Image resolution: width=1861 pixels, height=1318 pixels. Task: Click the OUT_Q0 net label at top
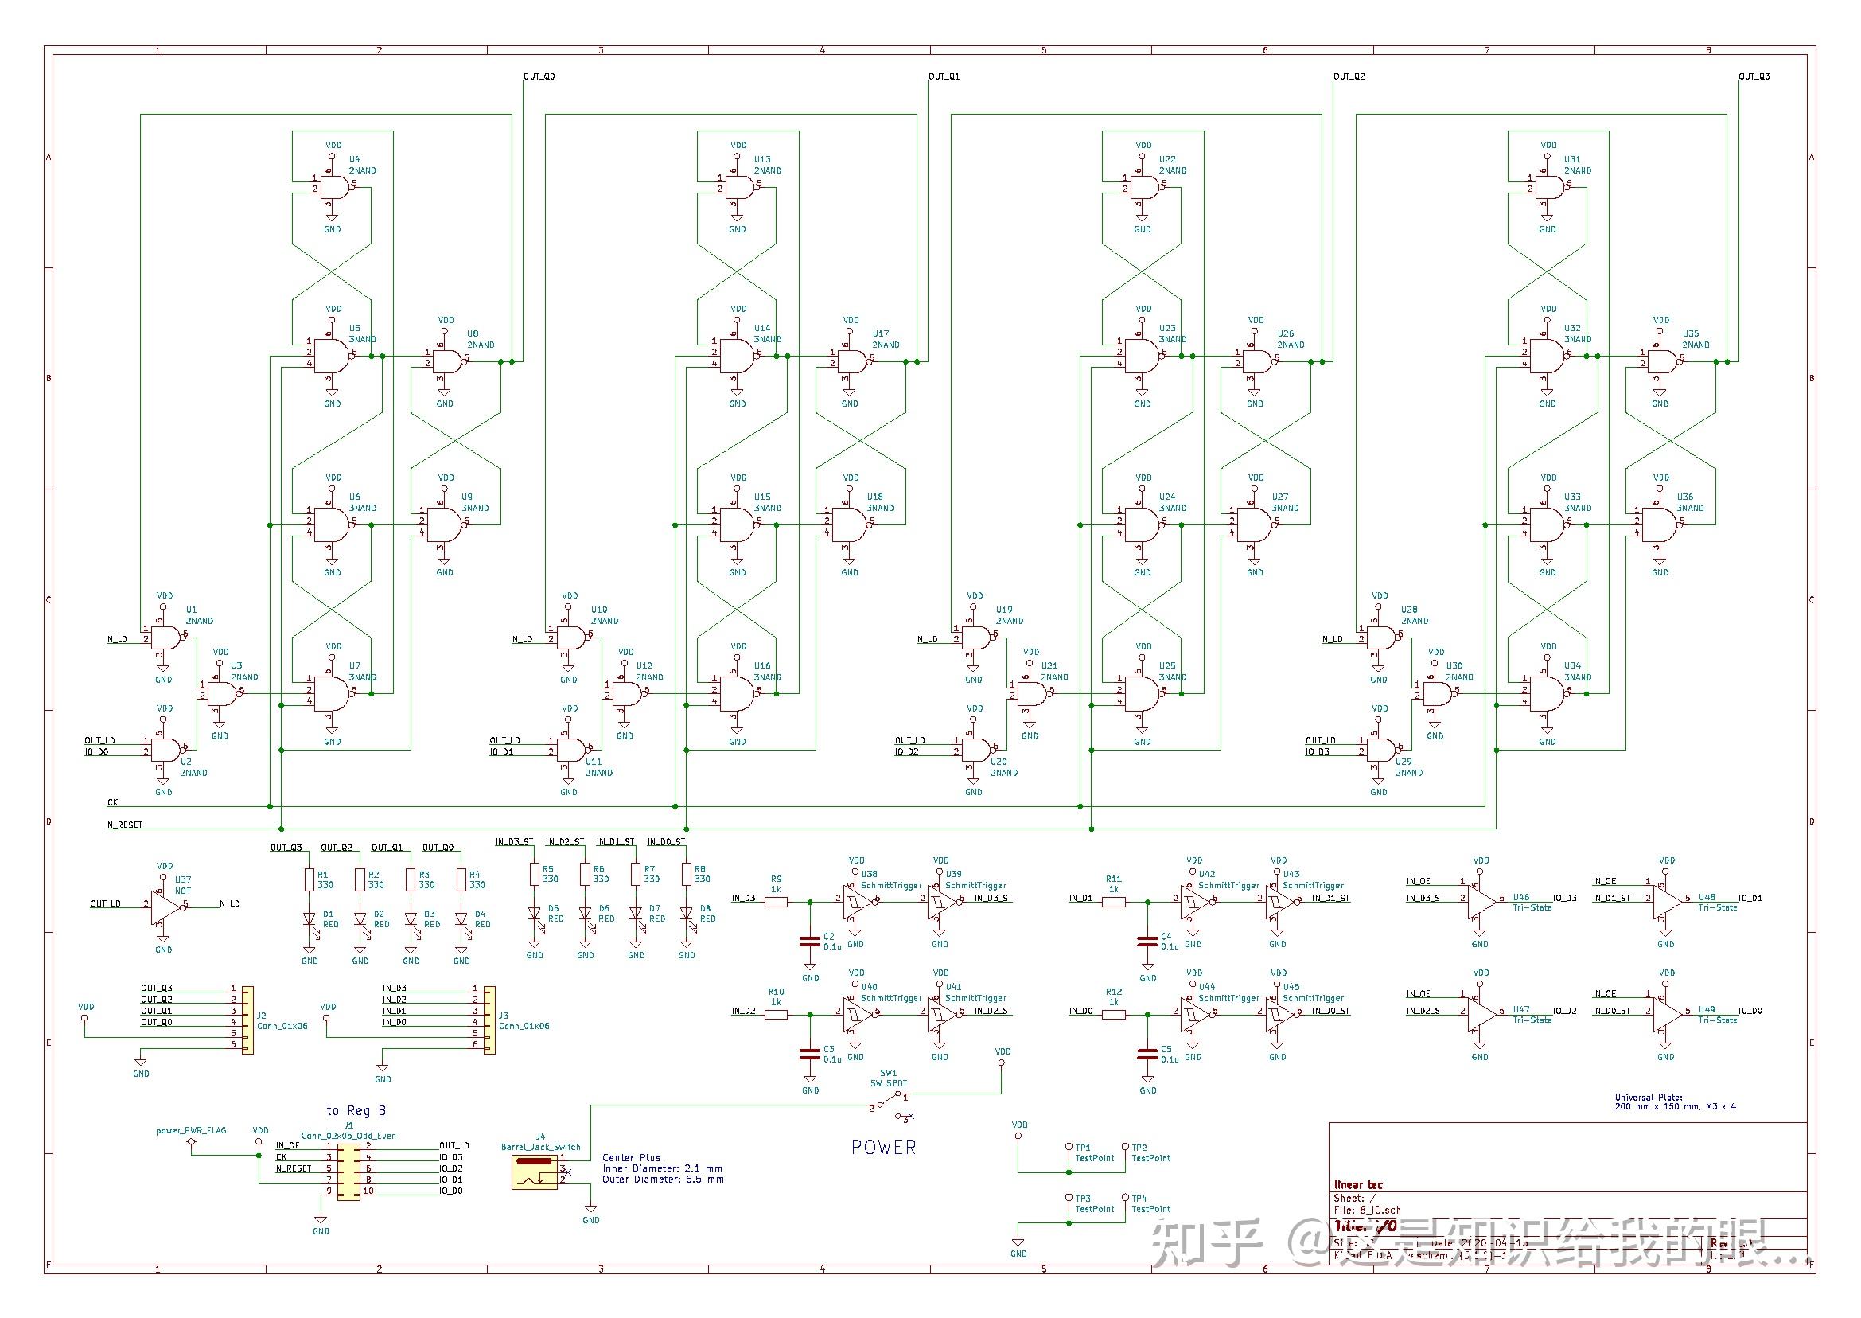coord(539,76)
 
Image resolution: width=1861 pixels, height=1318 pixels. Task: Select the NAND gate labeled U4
coord(334,189)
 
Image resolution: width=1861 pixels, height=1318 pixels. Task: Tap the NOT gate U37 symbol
coord(163,903)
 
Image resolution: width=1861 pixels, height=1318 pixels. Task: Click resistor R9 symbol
coord(777,902)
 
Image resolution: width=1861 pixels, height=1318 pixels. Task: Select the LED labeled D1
coord(310,919)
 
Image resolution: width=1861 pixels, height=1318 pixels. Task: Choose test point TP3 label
coord(1082,1198)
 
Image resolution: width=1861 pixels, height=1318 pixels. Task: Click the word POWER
coord(883,1147)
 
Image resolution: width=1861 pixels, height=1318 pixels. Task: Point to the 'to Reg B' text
coord(356,1110)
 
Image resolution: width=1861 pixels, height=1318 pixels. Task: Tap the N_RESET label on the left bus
coord(125,825)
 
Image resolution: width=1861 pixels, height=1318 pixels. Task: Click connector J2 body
coord(247,1020)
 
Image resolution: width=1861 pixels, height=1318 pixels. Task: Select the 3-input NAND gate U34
coord(1546,693)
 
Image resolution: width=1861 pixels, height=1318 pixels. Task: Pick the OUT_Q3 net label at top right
coord(1754,76)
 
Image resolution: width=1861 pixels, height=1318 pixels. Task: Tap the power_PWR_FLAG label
coord(192,1129)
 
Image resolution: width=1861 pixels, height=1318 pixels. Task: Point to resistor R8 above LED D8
coord(687,874)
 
